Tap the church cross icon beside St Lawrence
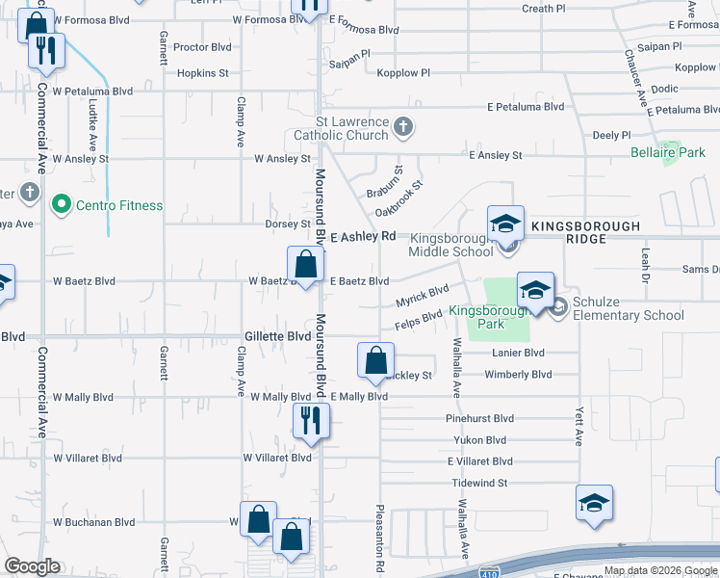(x=404, y=125)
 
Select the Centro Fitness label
(x=120, y=205)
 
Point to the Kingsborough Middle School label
(x=451, y=244)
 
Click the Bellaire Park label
(x=668, y=152)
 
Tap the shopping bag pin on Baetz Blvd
(x=305, y=264)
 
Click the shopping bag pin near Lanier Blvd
(x=375, y=361)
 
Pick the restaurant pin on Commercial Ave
(x=45, y=51)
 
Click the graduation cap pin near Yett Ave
(x=594, y=503)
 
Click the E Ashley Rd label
(x=363, y=236)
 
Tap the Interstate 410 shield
(x=487, y=571)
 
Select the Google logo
(x=32, y=566)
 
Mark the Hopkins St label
(x=202, y=72)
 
